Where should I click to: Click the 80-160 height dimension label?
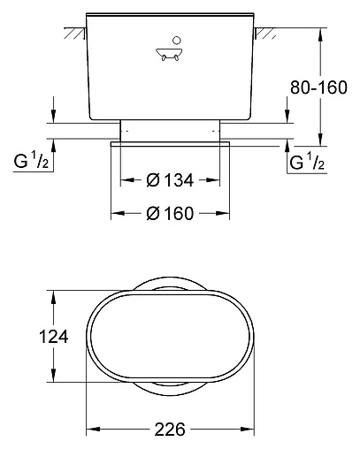[323, 88]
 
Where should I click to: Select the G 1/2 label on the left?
[34, 163]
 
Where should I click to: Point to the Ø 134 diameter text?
[170, 180]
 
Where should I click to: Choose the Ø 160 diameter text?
[171, 212]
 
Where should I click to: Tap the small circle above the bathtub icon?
[177, 40]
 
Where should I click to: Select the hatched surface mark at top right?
[263, 34]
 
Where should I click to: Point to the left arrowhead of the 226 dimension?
[91, 430]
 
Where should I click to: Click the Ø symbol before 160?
[152, 212]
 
